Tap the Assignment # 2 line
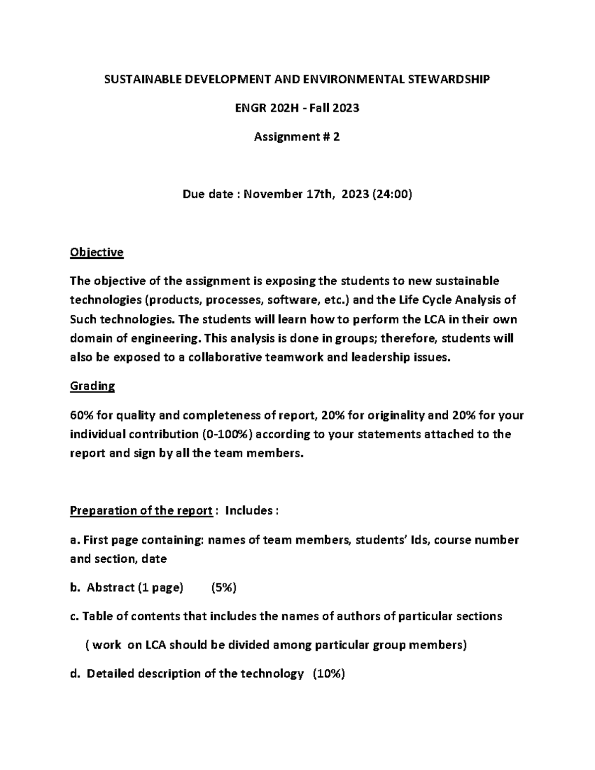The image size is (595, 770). click(297, 137)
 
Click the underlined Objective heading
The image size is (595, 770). click(97, 252)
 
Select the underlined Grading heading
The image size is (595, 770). click(92, 386)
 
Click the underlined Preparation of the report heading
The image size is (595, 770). click(141, 511)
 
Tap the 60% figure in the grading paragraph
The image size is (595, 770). click(81, 415)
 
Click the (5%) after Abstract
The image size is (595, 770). click(224, 588)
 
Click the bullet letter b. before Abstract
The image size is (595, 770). click(75, 588)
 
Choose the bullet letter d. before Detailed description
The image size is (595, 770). click(75, 674)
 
